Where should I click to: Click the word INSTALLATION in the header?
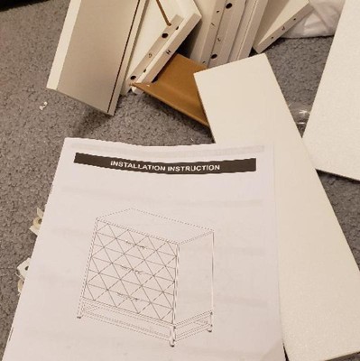(x=138, y=165)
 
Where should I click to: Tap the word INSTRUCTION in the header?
(x=193, y=167)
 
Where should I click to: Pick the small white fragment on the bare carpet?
(x=42, y=106)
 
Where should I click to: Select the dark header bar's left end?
(x=75, y=158)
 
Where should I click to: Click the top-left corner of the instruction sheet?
(x=65, y=138)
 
